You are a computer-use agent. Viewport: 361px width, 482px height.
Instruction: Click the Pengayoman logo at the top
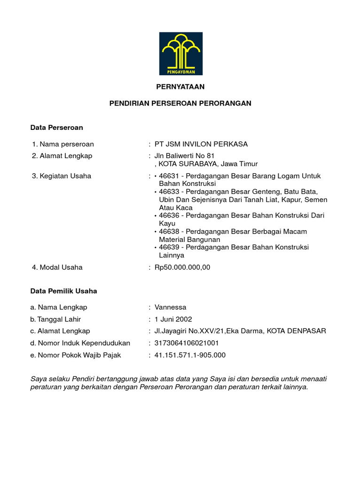point(180,54)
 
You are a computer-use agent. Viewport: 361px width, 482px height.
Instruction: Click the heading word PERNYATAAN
point(180,87)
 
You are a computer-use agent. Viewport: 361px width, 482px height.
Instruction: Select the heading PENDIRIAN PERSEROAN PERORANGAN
point(180,104)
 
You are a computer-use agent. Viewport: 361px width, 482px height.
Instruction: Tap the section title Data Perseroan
point(56,128)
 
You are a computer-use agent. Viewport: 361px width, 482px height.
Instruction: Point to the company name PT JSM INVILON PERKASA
point(201,144)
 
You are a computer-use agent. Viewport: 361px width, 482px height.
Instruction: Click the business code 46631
point(169,176)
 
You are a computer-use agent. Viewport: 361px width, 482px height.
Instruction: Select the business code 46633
point(169,192)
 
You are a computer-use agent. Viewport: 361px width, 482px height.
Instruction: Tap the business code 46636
point(169,216)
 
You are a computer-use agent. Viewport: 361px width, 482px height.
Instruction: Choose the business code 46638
point(169,232)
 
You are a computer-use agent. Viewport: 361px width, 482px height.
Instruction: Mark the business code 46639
point(169,247)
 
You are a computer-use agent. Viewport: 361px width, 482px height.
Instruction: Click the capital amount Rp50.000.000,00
point(182,267)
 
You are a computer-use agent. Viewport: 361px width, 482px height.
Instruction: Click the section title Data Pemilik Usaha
point(63,291)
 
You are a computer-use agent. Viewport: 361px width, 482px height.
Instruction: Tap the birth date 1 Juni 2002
point(173,319)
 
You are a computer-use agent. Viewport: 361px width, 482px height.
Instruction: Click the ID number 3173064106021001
point(187,343)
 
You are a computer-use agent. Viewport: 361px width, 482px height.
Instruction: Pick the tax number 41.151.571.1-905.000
point(190,355)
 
